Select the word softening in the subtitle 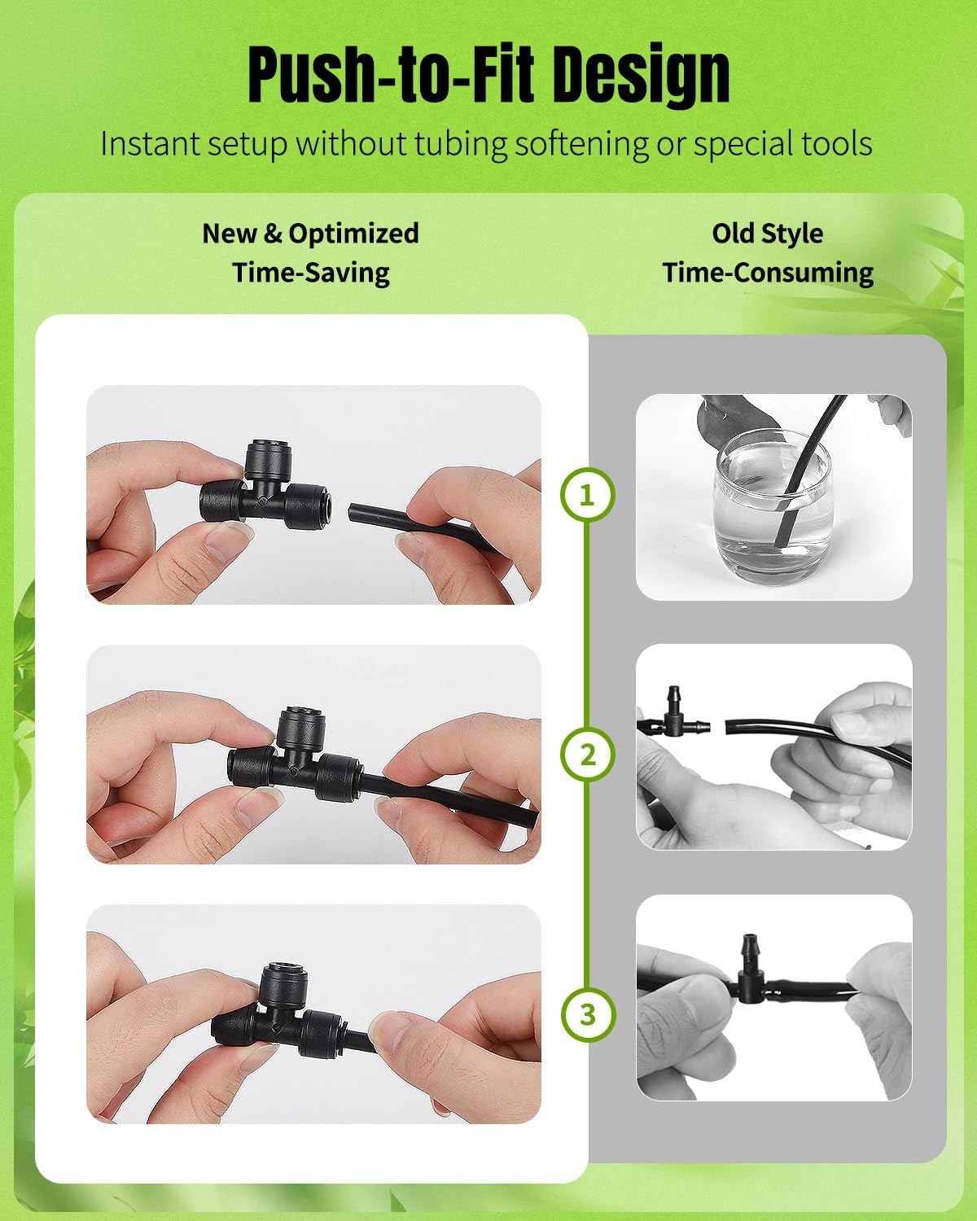coord(581,144)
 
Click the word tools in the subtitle coord(836,143)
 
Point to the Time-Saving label coord(311,273)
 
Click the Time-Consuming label coord(768,273)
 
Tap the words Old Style coord(768,234)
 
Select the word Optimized coord(353,234)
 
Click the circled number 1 coord(588,496)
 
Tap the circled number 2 coord(588,755)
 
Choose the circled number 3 coord(588,1014)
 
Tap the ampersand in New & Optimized coord(273,234)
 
